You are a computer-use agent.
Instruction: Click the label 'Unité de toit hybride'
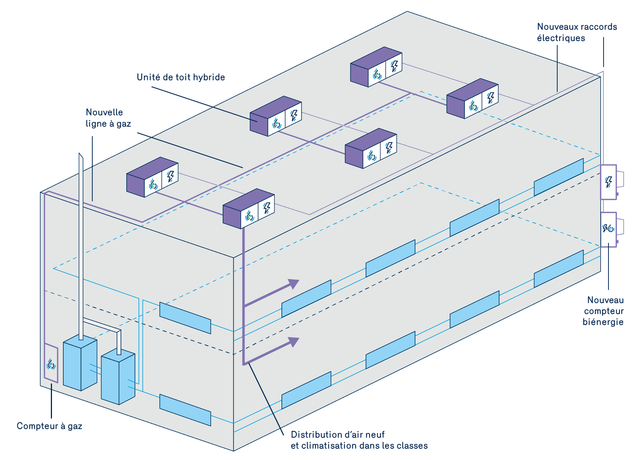click(x=180, y=77)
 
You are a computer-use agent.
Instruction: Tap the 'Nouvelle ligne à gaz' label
click(x=108, y=118)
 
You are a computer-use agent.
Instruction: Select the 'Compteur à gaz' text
click(x=49, y=426)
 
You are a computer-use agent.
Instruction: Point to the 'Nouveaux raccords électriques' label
click(x=577, y=32)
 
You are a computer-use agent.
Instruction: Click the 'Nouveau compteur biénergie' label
click(x=604, y=311)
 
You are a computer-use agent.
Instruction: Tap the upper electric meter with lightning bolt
click(x=608, y=182)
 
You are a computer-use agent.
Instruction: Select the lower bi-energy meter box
click(x=608, y=229)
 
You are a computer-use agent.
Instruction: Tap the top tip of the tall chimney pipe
click(x=80, y=155)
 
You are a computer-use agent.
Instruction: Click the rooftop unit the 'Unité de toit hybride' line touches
click(x=275, y=116)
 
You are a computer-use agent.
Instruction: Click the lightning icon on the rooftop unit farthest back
click(x=394, y=66)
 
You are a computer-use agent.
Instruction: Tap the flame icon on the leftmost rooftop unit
click(x=153, y=184)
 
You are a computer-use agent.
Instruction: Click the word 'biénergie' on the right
click(x=603, y=322)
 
